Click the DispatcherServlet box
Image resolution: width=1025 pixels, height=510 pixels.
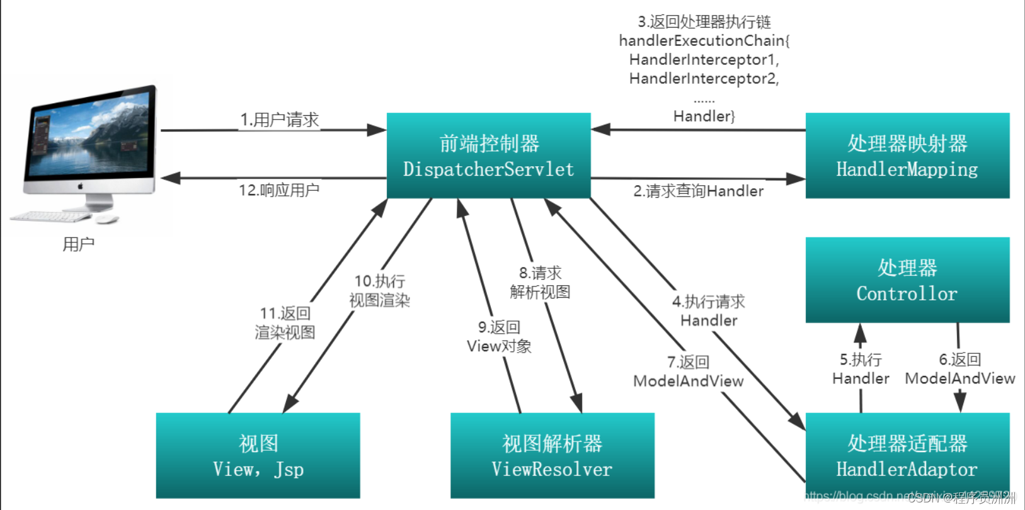point(488,156)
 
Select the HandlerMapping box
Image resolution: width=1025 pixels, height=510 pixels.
point(907,156)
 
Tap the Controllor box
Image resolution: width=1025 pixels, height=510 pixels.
point(907,280)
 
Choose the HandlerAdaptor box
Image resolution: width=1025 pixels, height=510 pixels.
point(907,456)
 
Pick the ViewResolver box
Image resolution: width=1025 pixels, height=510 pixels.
point(552,456)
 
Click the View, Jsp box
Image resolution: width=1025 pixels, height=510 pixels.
point(258,456)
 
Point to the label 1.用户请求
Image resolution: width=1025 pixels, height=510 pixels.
point(279,120)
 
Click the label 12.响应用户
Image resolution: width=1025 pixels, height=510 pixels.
point(278,190)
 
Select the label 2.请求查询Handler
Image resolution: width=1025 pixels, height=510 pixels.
point(698,191)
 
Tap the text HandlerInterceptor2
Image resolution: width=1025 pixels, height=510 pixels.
point(704,79)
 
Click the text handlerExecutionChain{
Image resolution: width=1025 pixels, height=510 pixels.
point(704,41)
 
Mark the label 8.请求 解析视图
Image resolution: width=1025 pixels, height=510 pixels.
point(540,283)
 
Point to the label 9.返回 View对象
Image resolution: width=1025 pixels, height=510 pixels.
point(499,337)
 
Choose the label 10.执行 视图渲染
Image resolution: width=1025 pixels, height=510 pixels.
point(379,291)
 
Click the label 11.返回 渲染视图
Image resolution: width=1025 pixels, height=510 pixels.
point(285,323)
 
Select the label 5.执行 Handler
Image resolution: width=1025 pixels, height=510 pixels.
point(861,369)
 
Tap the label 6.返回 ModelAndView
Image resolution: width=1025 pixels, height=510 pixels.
point(959,369)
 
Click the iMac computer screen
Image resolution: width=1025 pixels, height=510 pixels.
point(89,135)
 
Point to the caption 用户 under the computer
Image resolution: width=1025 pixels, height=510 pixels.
point(78,244)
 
